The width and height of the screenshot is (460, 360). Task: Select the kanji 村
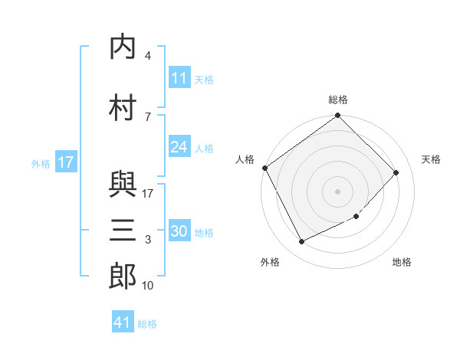pos(123,107)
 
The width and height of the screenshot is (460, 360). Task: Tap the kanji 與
pos(123,185)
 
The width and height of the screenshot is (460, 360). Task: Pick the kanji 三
pos(123,230)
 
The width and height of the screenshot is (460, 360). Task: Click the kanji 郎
pos(123,276)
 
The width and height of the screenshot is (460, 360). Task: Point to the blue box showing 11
pos(179,77)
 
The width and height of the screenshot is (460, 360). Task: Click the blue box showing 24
pos(179,146)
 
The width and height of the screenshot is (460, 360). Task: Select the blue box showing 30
pos(179,230)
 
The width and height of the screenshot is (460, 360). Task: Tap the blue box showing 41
pos(123,321)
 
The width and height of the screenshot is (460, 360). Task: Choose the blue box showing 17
pos(66,162)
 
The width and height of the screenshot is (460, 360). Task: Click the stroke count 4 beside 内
pos(148,55)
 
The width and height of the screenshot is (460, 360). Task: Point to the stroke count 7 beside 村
pos(148,117)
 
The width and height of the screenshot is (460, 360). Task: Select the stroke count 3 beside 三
pos(148,240)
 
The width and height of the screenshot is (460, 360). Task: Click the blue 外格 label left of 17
pos(41,164)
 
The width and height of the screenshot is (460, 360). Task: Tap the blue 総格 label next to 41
pos(147,324)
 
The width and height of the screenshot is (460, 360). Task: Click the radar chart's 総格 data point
pos(337,115)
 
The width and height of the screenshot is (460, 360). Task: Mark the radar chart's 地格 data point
pos(356,216)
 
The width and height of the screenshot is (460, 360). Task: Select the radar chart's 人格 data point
pos(265,168)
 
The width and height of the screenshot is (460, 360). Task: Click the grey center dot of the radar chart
pos(337,191)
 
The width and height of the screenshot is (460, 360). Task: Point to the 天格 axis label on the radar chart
pos(431,159)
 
